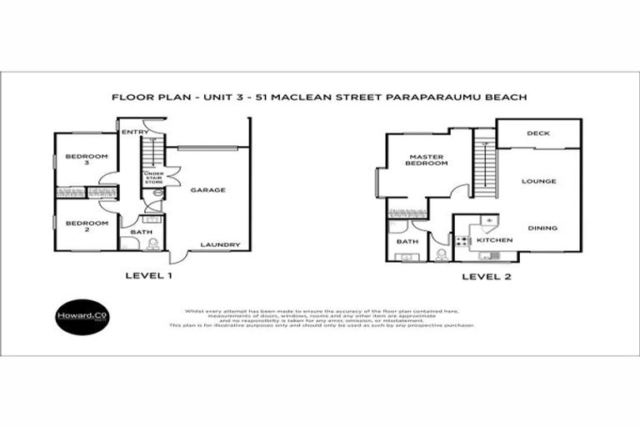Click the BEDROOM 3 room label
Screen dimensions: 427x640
87,161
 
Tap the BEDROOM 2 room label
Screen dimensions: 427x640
87,227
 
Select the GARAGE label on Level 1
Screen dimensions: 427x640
207,190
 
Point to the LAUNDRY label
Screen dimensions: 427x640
220,244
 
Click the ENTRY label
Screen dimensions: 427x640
135,132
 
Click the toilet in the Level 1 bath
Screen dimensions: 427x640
152,244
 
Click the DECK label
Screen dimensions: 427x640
537,133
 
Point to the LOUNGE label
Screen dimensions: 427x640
538,181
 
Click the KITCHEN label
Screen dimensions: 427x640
494,240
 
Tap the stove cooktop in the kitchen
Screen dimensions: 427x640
463,241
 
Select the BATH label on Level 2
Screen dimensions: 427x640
407,241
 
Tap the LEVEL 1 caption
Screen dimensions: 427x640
147,275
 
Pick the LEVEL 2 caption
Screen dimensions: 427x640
486,277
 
